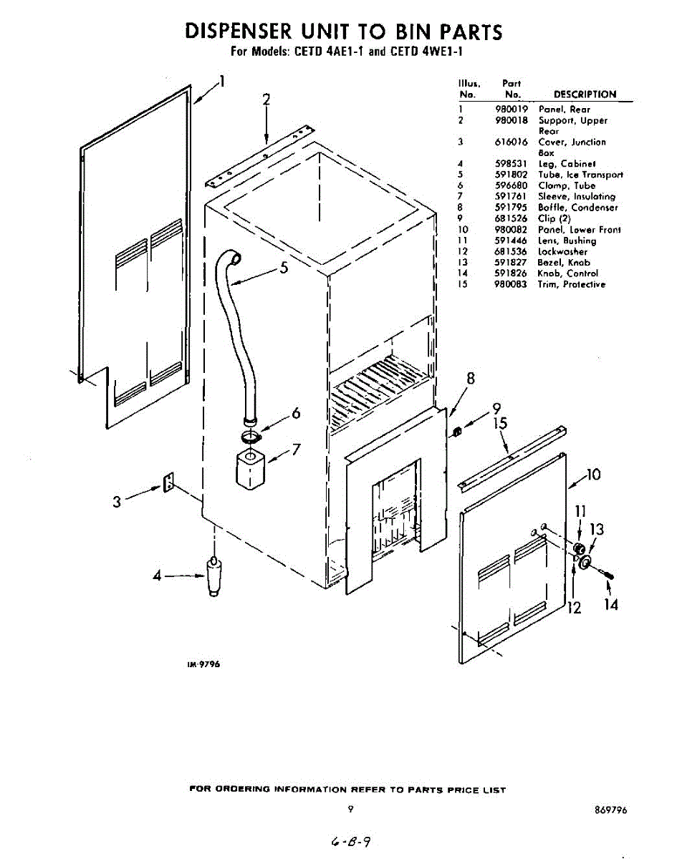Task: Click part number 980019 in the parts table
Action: tap(511, 110)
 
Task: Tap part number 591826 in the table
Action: tap(511, 273)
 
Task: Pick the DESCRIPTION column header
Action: tap(585, 94)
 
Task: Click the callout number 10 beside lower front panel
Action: tap(592, 475)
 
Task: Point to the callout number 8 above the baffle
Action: tap(471, 379)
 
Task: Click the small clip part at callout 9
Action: tap(456, 432)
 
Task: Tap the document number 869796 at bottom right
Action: tap(610, 810)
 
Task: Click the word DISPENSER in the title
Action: tap(236, 32)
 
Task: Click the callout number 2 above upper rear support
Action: tap(266, 100)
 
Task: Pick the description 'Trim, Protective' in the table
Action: tap(571, 284)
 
